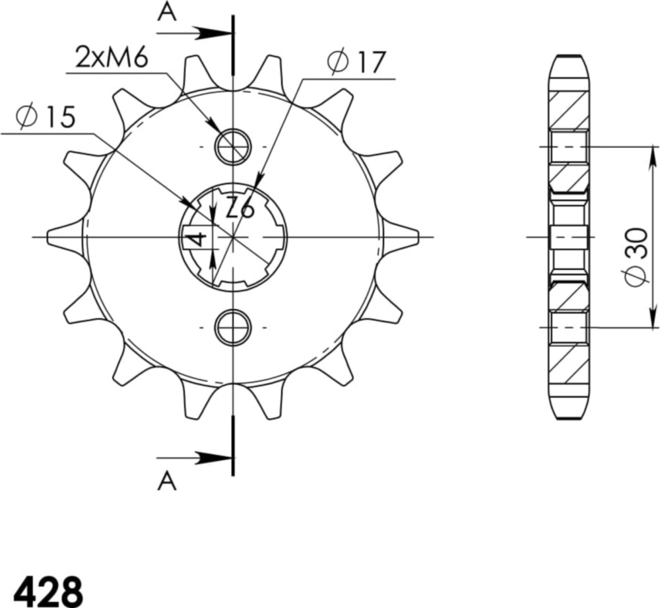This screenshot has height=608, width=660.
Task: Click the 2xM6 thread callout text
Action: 111,59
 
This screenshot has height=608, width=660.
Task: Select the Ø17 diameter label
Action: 355,63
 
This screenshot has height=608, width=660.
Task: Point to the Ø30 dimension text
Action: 636,257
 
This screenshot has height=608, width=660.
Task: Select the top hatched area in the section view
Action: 568,108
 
